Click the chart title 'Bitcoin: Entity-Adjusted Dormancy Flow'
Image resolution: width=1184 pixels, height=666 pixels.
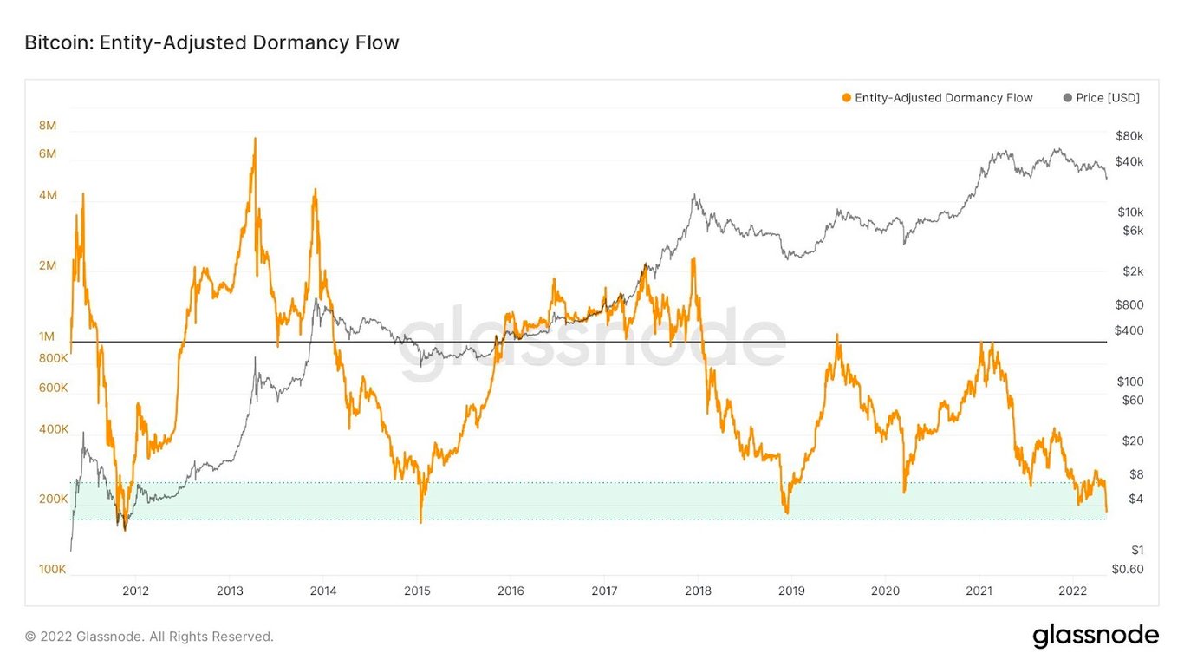point(211,42)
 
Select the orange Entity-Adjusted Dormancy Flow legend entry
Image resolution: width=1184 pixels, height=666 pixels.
point(937,98)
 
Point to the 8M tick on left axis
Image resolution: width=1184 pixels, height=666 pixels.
point(48,126)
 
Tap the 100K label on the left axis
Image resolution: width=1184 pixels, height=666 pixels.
point(52,570)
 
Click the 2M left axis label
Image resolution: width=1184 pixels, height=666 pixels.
point(48,265)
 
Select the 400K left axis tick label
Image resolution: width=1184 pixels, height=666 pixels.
point(53,429)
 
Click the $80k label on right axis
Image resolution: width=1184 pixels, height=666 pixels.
point(1129,136)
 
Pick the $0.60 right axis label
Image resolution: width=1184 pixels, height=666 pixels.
point(1128,570)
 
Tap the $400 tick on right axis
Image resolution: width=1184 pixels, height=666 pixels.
point(1129,330)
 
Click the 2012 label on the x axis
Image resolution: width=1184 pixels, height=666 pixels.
point(135,591)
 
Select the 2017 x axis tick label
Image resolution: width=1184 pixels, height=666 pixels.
point(604,591)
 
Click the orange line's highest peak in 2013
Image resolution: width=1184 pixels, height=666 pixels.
point(255,138)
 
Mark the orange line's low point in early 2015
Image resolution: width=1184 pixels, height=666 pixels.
point(421,522)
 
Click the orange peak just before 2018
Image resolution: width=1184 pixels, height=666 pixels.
point(693,258)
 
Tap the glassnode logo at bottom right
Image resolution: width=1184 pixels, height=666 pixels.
point(1095,636)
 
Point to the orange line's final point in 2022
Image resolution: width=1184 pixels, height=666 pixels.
point(1107,512)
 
